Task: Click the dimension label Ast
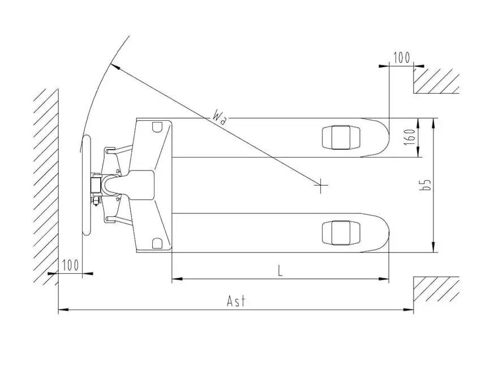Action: coord(237,300)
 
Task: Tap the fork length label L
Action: coord(280,271)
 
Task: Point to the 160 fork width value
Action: coord(410,137)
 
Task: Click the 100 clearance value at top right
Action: coord(402,58)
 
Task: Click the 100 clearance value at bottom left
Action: coord(70,265)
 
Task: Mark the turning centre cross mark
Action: coord(321,185)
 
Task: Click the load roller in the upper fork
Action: coord(341,137)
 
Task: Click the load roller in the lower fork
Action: coord(341,233)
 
